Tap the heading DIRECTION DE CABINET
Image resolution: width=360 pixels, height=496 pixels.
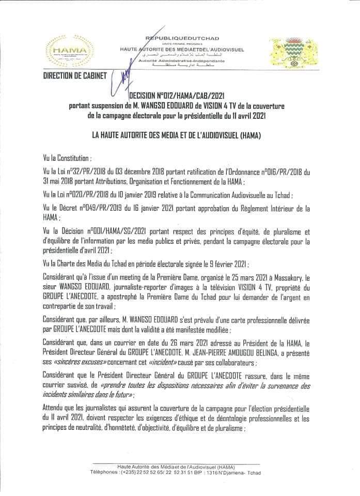coord(69,75)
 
